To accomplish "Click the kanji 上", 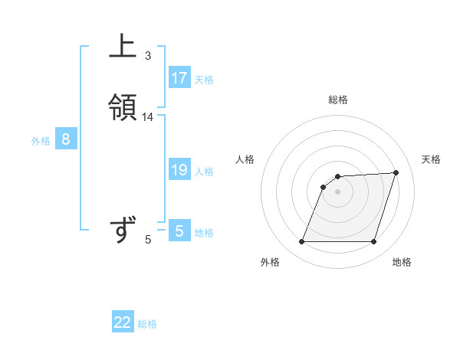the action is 123,46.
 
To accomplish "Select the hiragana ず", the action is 123,229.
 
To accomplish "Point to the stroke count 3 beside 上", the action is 148,55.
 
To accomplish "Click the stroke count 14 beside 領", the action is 148,117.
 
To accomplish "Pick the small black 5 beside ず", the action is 148,240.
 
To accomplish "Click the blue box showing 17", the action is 179,77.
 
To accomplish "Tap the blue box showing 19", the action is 179,170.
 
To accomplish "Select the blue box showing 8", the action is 66,139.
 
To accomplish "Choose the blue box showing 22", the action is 123,322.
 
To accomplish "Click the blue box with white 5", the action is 179,231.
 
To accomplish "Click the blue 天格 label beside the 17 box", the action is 204,80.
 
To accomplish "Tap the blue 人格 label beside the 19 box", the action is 204,172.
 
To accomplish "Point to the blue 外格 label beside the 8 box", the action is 41,141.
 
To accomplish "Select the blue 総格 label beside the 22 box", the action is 147,324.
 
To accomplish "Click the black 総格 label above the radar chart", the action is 338,100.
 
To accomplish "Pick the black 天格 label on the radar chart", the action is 432,159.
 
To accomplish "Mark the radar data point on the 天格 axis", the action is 396,172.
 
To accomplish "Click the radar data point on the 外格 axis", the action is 302,242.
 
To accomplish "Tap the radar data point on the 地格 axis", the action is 373,242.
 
